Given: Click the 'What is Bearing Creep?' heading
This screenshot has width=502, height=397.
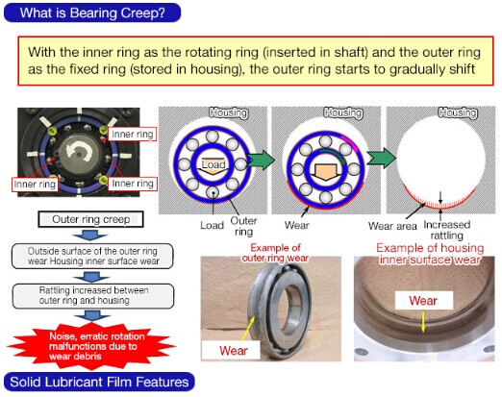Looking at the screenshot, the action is point(92,12).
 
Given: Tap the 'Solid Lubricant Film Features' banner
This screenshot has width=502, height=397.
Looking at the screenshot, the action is point(99,382).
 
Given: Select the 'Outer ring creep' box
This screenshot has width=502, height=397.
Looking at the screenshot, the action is point(90,219).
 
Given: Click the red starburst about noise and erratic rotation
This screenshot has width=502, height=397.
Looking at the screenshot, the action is point(91,346).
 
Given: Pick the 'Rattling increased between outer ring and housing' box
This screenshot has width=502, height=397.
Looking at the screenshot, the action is point(93,295).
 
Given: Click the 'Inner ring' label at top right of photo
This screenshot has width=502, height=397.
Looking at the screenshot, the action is point(132,134).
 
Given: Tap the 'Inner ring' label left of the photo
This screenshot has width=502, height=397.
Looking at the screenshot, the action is point(35,185).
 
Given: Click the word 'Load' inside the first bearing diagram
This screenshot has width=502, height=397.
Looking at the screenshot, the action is point(213,164).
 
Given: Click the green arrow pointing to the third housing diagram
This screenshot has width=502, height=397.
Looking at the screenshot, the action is point(382,158).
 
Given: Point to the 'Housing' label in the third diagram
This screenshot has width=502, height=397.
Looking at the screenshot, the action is point(458,112).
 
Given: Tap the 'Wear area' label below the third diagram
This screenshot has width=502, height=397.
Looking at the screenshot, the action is point(392,226).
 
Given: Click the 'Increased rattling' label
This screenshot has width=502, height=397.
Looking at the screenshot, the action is point(447,230).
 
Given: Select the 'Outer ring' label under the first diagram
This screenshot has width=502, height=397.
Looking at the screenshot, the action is point(243,226).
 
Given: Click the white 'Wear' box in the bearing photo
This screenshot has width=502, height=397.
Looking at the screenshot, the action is point(231,350).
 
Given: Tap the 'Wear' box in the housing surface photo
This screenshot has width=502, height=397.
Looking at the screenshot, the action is point(424,301).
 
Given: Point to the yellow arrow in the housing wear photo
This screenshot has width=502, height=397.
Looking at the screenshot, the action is point(423,322).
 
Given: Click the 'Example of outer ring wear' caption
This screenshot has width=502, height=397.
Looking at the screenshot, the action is point(275,253).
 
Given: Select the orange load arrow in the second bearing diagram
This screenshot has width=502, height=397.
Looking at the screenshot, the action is point(325,172).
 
